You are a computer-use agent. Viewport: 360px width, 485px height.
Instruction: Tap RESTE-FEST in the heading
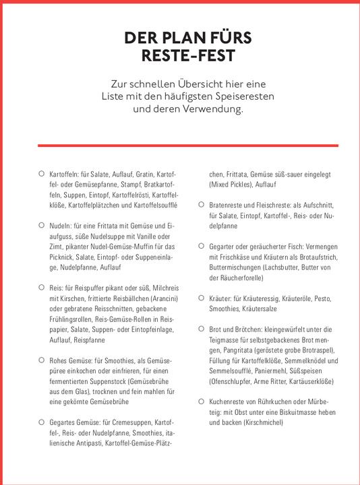[180, 55]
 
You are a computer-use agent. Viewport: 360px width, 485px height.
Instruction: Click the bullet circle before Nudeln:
[42, 224]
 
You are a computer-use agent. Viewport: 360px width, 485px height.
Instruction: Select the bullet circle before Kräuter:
[201, 297]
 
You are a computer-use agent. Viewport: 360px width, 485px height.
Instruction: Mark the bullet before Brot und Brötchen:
[201, 328]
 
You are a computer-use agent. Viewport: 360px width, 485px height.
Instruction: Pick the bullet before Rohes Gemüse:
[42, 360]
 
